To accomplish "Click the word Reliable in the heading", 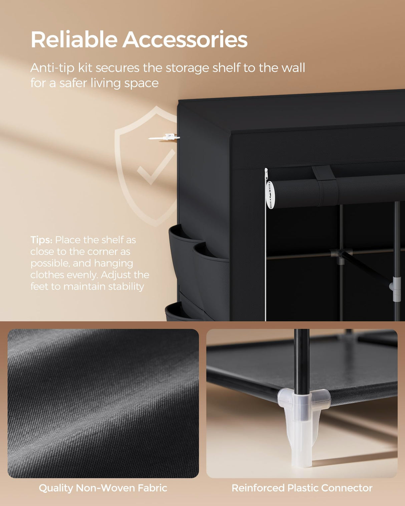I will [x=74, y=40].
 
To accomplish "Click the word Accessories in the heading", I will [x=185, y=40].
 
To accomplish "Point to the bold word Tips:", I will [x=41, y=240].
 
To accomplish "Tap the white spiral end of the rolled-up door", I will [x=270, y=195].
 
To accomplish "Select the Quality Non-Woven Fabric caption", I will [x=103, y=488].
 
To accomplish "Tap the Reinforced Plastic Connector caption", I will [x=302, y=488].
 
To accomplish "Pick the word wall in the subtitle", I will [x=293, y=68].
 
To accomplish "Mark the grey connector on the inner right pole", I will [x=395, y=287].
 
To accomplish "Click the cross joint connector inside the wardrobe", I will [x=341, y=255].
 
